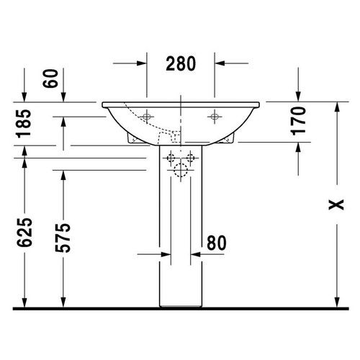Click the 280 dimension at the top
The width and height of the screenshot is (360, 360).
[181, 63]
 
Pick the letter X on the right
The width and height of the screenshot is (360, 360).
[333, 204]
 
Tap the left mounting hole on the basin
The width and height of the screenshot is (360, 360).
[148, 115]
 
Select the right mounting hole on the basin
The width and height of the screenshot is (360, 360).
[214, 115]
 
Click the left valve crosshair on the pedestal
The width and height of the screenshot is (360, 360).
[171, 158]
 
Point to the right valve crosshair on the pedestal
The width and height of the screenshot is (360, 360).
[192, 158]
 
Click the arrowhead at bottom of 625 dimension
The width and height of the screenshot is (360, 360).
[25, 302]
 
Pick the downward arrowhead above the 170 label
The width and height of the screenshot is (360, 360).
[299, 94]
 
